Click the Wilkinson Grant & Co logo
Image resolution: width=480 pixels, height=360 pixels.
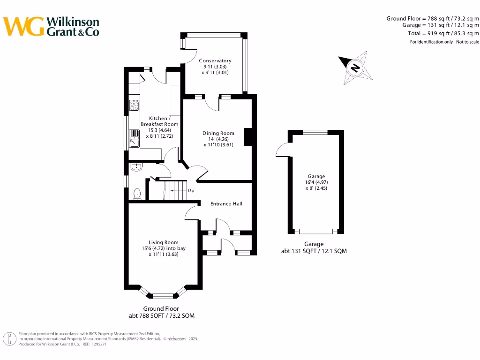[52, 26]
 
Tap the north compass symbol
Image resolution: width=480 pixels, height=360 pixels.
[355, 68]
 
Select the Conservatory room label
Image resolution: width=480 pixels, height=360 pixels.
[215, 61]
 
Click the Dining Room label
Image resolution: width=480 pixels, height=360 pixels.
[218, 133]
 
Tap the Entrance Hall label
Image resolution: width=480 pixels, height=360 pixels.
[226, 204]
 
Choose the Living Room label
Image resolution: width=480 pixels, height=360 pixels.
[161, 242]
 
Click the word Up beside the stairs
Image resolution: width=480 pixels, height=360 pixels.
[191, 191]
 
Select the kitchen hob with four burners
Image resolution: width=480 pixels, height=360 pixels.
[134, 105]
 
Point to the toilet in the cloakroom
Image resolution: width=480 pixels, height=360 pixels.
[137, 193]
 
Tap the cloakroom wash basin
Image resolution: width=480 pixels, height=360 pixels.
[136, 167]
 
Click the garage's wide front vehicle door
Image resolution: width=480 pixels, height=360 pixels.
[316, 231]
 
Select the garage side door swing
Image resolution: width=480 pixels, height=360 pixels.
[283, 150]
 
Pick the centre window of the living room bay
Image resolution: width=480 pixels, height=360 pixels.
[163, 296]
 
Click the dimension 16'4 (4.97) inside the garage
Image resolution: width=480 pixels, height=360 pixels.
[316, 182]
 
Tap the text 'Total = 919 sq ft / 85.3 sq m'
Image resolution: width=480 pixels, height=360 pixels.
[443, 34]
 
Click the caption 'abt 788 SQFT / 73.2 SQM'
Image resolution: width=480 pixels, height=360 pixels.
[161, 316]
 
